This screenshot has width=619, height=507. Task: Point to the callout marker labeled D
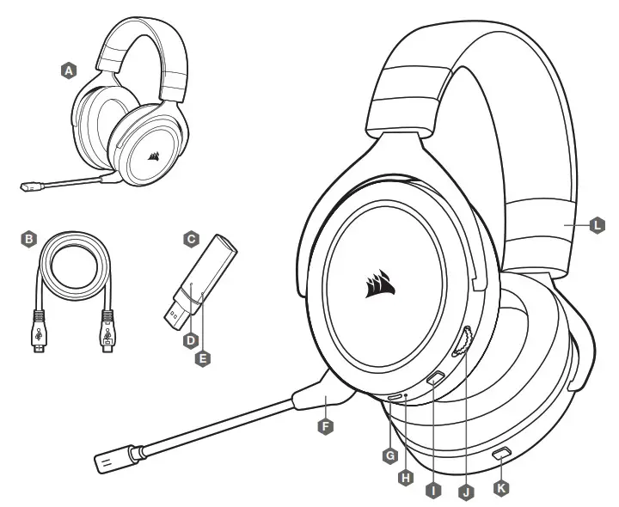(x=191, y=340)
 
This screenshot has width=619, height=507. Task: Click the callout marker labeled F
(x=325, y=424)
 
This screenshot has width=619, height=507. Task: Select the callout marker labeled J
(x=466, y=492)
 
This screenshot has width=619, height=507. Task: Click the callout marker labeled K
(x=503, y=486)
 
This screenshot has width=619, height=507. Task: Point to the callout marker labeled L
(x=599, y=226)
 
